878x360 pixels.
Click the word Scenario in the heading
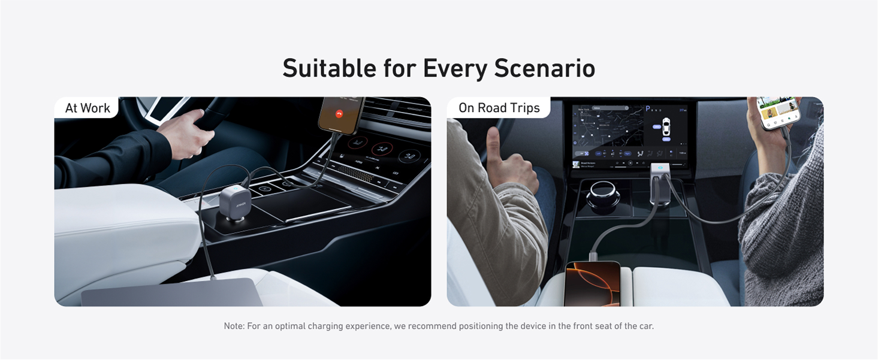click(x=544, y=68)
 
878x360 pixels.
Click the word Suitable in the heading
click(x=330, y=68)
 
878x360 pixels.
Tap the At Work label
click(x=88, y=108)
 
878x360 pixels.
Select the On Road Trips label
click(x=499, y=108)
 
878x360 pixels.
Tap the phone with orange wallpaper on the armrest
click(x=593, y=284)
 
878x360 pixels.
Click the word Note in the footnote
click(x=234, y=326)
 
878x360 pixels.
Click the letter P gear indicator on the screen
click(x=647, y=110)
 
